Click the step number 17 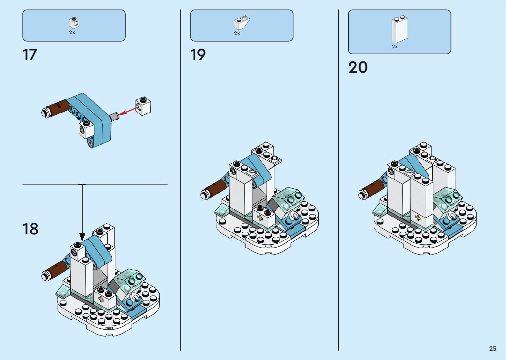(x=30, y=55)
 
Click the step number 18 (x=30, y=229)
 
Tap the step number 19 (x=198, y=55)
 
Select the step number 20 (x=358, y=67)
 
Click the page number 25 (x=492, y=349)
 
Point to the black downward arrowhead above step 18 (x=82, y=237)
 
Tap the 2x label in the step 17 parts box (x=72, y=33)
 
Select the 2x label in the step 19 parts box (x=237, y=33)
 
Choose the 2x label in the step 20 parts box (x=395, y=47)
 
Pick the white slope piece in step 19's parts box (x=242, y=23)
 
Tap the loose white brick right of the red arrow (x=143, y=106)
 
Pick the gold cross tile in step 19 (x=260, y=218)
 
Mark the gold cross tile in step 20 (x=418, y=218)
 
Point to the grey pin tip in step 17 (x=114, y=116)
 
